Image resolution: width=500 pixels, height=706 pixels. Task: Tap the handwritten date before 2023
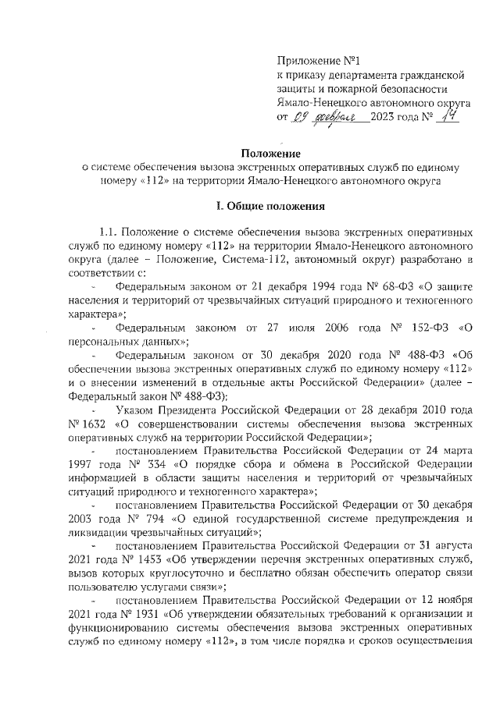tap(330, 119)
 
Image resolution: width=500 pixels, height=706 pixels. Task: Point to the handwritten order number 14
tap(446, 117)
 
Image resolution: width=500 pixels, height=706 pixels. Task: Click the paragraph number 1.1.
tap(109, 232)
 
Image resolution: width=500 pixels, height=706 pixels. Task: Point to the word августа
tap(445, 545)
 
